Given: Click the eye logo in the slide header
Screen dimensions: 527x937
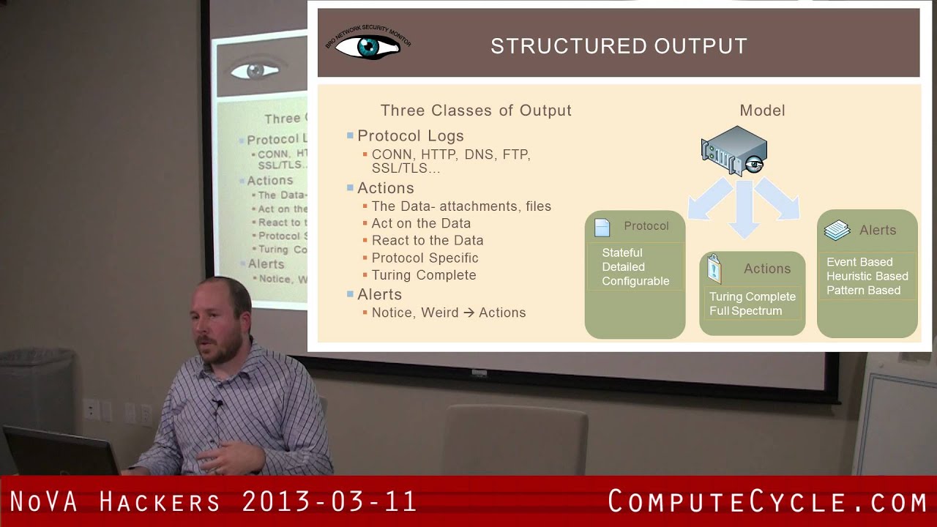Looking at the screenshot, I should tap(368, 46).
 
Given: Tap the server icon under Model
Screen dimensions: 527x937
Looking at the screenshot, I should tap(733, 151).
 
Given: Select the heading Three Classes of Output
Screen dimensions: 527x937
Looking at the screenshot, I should tap(476, 111).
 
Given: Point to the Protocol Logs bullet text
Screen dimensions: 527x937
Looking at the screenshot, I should tap(411, 136).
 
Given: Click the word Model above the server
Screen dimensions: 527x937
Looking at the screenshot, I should tap(762, 111).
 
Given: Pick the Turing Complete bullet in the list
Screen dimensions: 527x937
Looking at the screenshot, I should tap(424, 275).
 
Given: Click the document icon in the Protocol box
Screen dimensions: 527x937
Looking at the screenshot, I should tap(602, 228).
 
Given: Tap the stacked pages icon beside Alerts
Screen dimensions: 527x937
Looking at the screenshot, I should tap(837, 231).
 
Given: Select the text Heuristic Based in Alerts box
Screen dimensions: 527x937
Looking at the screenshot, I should tap(867, 276).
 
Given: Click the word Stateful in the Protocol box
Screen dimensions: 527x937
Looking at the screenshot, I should tap(622, 253).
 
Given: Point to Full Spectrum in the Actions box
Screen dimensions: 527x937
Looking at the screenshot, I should tap(745, 311).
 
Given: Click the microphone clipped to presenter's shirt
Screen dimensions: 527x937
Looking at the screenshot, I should tap(217, 403).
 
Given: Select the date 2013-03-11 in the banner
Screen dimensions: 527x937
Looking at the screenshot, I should tap(329, 502).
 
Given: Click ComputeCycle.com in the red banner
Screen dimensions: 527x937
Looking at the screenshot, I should tap(768, 502).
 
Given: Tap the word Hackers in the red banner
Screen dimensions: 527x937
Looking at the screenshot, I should tap(160, 502).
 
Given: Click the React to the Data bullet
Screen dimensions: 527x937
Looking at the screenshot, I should tap(428, 241).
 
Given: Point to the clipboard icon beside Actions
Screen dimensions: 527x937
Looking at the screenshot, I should tap(714, 269).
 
